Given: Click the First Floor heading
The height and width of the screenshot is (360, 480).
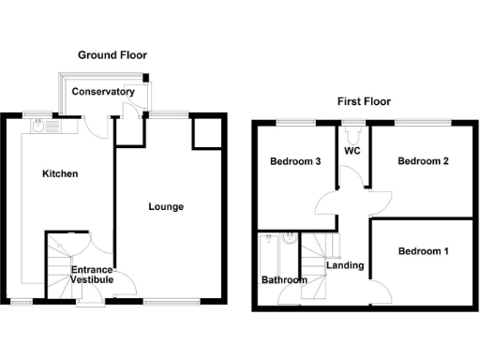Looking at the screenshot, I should pyautogui.click(x=364, y=101).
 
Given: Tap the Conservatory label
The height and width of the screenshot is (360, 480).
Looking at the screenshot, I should pyautogui.click(x=103, y=92).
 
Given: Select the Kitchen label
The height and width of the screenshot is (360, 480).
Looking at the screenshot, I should pyautogui.click(x=60, y=174).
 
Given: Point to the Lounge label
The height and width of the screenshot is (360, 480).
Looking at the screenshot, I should pyautogui.click(x=166, y=206).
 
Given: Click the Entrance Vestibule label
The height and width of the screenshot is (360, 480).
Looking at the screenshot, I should pyautogui.click(x=92, y=275).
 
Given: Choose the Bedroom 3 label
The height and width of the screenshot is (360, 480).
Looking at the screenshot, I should pyautogui.click(x=296, y=161).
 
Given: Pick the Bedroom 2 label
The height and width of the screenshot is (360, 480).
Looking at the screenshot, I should pyautogui.click(x=423, y=161).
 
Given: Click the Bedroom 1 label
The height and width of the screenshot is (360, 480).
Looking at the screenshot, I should pyautogui.click(x=423, y=251).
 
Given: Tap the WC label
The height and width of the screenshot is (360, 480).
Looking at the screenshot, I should pyautogui.click(x=353, y=150).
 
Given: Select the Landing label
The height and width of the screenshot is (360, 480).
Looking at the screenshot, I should pyautogui.click(x=344, y=265).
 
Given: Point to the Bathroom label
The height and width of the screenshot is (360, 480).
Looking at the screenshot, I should pyautogui.click(x=283, y=279).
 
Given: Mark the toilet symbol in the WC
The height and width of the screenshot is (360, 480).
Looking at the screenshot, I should pyautogui.click(x=353, y=132).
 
